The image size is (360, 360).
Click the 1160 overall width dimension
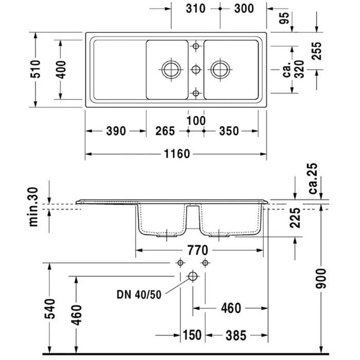(x=177, y=153)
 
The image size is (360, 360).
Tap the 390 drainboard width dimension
(x=116, y=131)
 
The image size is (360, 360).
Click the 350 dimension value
(x=229, y=131)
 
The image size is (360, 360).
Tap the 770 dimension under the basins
(x=197, y=250)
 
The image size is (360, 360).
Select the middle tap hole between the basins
(x=196, y=69)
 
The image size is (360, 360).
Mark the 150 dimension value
(x=192, y=335)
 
